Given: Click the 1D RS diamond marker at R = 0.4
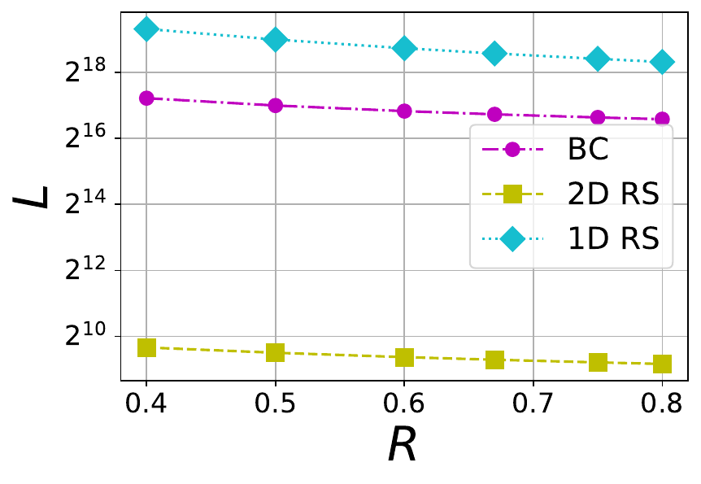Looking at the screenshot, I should [146, 28].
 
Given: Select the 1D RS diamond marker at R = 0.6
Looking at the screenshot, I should [404, 48].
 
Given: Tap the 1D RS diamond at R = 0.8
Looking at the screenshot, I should [662, 62].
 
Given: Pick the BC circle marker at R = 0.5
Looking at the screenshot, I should [275, 105].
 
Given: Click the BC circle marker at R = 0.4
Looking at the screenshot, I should [146, 98].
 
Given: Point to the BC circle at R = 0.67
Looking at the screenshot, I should [494, 114].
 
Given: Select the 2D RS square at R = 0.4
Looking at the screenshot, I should [146, 347].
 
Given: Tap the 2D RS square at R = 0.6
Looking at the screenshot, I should [404, 357].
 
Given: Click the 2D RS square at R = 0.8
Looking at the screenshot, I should [662, 364].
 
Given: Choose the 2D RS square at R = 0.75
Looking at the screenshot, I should [598, 362].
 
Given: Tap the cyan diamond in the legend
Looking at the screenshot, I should [512, 238].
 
